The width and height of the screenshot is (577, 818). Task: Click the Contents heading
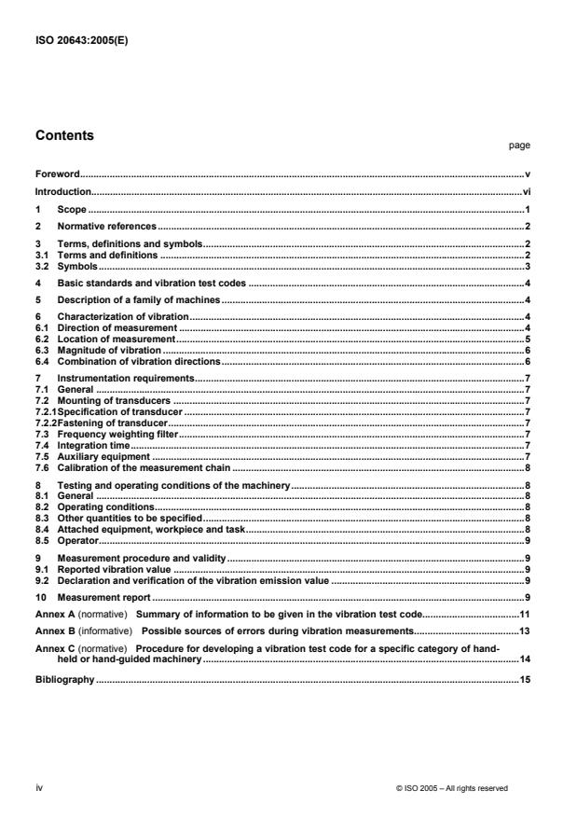click(x=64, y=134)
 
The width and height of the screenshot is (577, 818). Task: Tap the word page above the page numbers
click(x=522, y=146)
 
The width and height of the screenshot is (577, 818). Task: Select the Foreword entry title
click(x=58, y=173)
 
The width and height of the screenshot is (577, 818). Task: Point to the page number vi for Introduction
click(x=526, y=191)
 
